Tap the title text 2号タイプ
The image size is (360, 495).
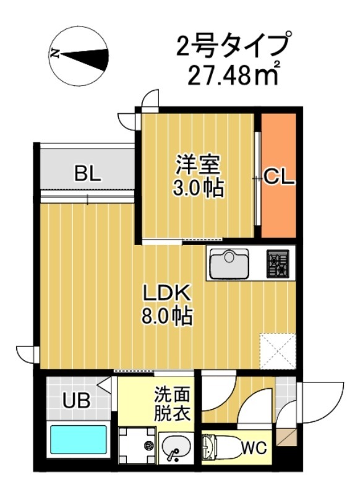tap(232, 46)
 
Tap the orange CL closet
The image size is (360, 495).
tap(278, 176)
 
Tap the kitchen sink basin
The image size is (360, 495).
tap(229, 264)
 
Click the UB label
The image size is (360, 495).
tap(76, 400)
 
